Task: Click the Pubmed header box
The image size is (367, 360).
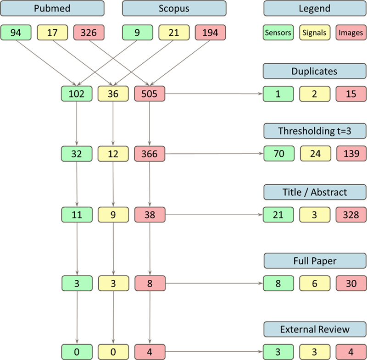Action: tap(52, 9)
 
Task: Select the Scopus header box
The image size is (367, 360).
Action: tap(174, 9)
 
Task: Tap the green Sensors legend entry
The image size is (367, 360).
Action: tap(278, 33)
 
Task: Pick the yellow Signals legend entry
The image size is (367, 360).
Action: tap(315, 33)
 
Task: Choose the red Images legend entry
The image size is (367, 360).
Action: tap(351, 33)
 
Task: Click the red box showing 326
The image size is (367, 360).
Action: tap(89, 33)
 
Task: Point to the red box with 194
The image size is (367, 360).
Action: tap(211, 33)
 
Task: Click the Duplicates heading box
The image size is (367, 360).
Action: tap(314, 72)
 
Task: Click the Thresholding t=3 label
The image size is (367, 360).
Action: tap(314, 131)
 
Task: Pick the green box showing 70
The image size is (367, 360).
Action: tap(278, 154)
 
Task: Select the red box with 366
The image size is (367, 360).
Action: tap(150, 154)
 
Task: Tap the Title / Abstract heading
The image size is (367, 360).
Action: tap(314, 192)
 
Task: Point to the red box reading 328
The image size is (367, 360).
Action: tap(351, 214)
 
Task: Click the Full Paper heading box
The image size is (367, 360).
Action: tap(314, 261)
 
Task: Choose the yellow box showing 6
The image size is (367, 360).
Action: tap(315, 284)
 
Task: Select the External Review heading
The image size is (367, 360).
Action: tap(314, 329)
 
